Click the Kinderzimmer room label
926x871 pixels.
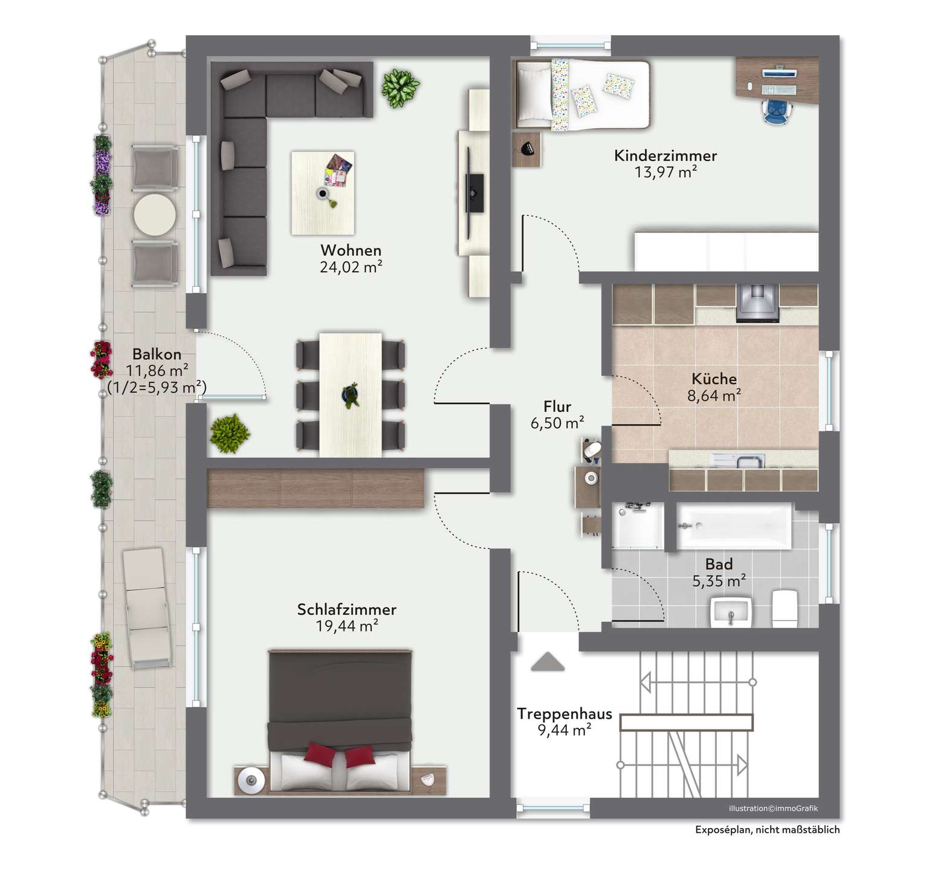[x=665, y=155]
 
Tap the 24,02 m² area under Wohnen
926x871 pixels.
[x=351, y=267]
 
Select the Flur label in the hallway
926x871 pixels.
[x=557, y=406]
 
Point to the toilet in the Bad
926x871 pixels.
[x=785, y=608]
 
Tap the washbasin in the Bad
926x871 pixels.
[x=731, y=613]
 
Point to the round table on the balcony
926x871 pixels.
[x=155, y=214]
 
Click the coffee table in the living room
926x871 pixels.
[x=323, y=193]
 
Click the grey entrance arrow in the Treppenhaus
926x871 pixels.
[x=547, y=662]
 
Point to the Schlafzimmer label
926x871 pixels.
[x=347, y=610]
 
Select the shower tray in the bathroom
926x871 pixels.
[x=638, y=526]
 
